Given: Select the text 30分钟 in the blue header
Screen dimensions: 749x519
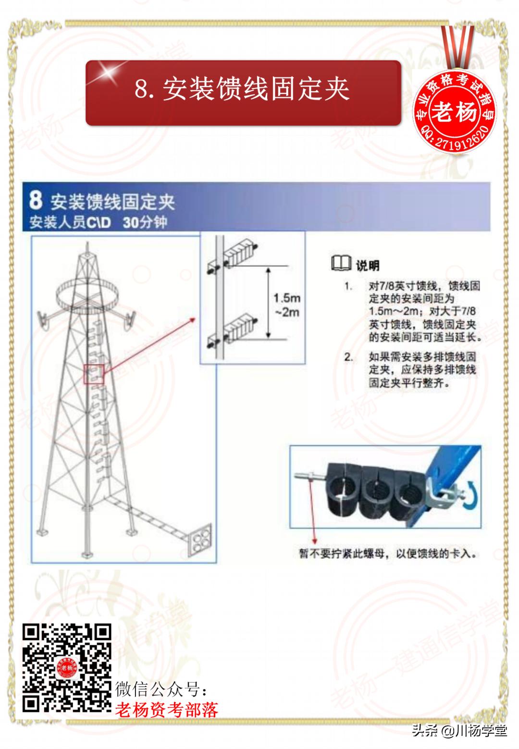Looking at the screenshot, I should (x=145, y=223).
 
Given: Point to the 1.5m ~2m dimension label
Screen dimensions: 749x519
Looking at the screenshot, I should (x=287, y=305).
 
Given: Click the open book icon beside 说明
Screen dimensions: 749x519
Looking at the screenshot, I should (x=341, y=263).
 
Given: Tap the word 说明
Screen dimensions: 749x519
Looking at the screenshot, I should (x=368, y=265).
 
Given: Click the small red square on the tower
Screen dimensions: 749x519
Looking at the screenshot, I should (x=94, y=374).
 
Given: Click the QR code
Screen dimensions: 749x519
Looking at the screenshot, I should (x=67, y=667).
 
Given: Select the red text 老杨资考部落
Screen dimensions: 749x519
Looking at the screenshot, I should (x=166, y=709).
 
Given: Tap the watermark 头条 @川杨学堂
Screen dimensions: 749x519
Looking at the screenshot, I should (x=459, y=731).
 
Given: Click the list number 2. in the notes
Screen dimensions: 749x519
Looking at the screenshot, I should (x=349, y=357).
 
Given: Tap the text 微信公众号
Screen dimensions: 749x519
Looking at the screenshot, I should (x=162, y=689).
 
